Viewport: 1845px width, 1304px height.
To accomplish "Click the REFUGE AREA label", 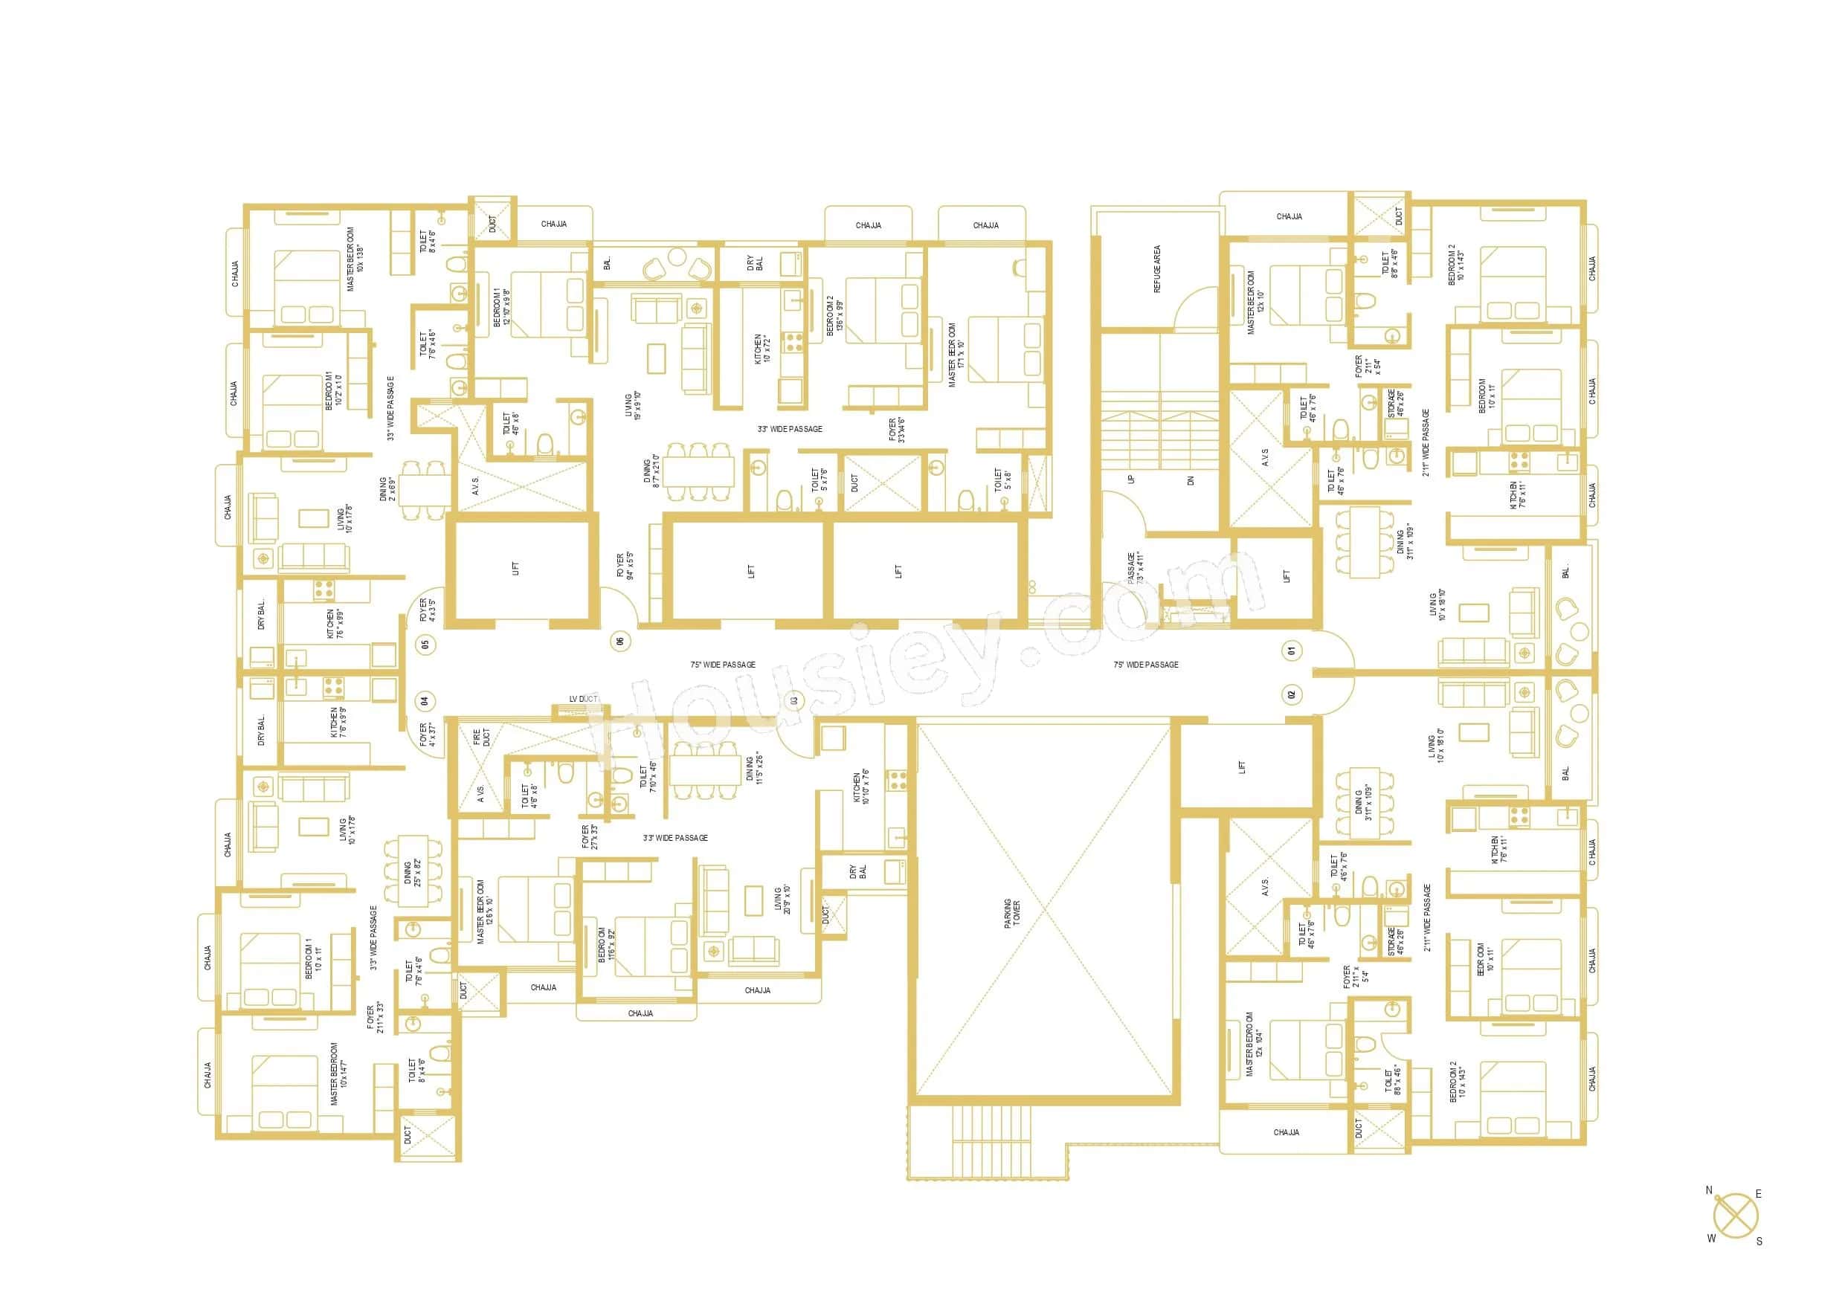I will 1157,268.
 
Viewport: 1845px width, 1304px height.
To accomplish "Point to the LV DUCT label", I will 583,699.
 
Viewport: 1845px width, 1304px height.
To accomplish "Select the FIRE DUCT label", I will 480,737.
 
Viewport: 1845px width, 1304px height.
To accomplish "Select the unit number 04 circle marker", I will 425,700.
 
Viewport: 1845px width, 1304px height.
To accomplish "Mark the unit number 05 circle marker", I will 425,643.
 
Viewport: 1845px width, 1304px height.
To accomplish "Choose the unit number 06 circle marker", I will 619,640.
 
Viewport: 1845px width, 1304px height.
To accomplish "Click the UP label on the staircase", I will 1131,480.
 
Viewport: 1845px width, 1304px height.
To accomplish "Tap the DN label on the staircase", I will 1191,480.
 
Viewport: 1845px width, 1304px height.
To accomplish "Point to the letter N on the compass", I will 1709,1191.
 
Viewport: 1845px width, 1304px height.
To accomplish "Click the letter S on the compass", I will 1759,1241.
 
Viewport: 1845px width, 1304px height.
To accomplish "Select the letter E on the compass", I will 1758,1194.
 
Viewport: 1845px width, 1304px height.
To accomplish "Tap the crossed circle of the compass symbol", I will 1735,1216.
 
